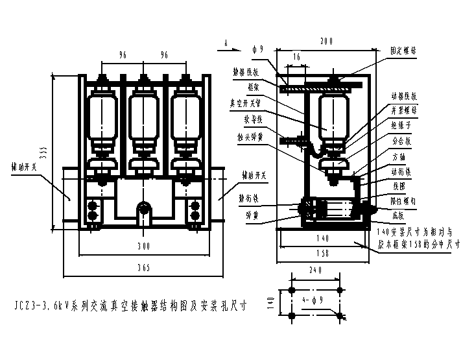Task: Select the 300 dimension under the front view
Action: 143,246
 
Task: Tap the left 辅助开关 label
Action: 25,165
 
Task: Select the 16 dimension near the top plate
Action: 296,57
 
